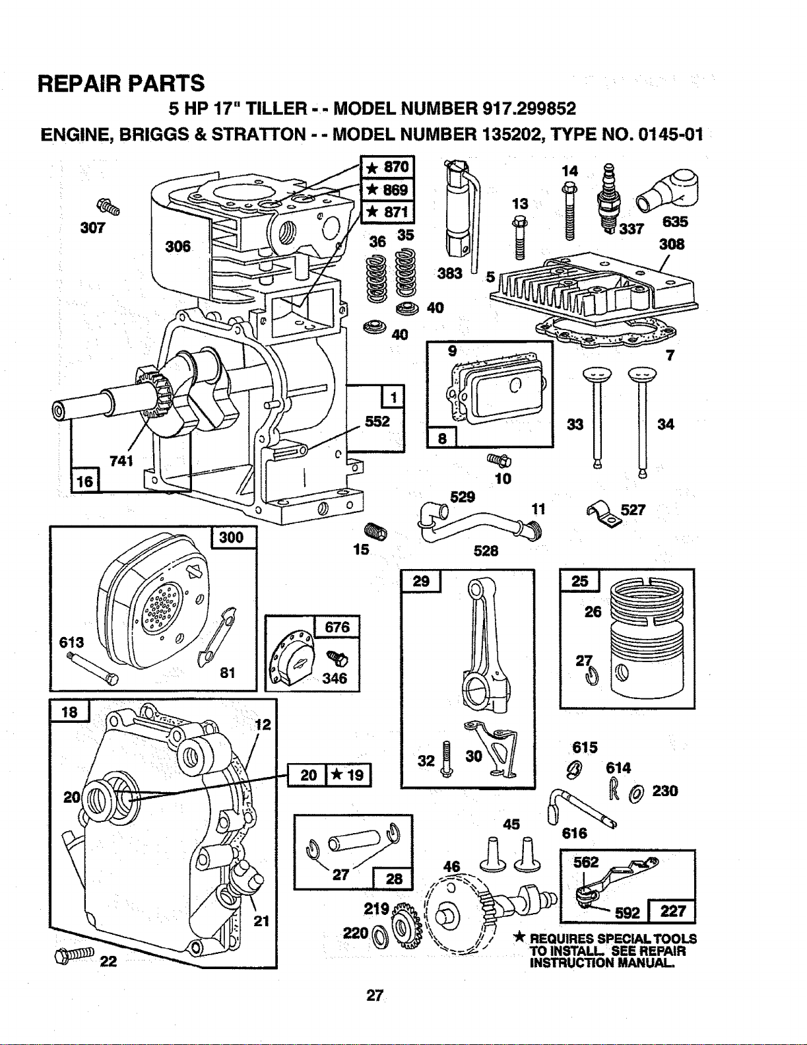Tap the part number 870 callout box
pyautogui.click(x=387, y=168)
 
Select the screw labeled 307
pyautogui.click(x=108, y=207)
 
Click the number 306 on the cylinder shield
pyautogui.click(x=178, y=246)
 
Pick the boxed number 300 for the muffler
pyautogui.click(x=233, y=537)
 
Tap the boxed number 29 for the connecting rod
pyautogui.click(x=421, y=581)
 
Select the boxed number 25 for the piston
pyautogui.click(x=579, y=581)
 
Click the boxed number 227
pyautogui.click(x=672, y=911)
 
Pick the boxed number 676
pyautogui.click(x=337, y=626)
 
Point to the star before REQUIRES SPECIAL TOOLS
pyautogui.click(x=519, y=938)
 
